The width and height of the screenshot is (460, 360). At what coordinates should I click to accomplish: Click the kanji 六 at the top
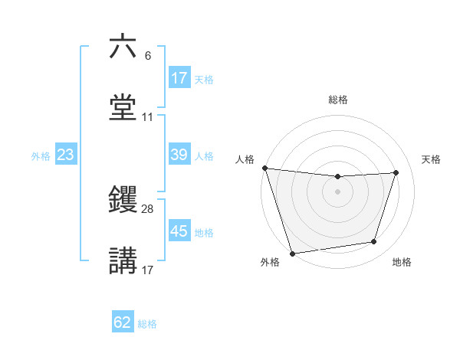point(123,47)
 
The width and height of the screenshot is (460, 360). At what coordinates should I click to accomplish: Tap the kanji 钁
point(123,201)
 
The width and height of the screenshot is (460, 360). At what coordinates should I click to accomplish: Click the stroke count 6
point(147,56)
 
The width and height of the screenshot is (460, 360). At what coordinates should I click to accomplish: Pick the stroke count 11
point(147,117)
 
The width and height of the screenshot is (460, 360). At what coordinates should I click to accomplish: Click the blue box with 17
point(179,78)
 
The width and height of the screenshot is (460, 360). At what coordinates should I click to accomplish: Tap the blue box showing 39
point(179,155)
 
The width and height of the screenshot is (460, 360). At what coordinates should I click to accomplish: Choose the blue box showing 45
point(179,231)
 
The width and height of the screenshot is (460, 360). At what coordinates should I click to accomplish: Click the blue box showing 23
point(66,155)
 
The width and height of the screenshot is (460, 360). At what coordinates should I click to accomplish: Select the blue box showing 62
point(123,322)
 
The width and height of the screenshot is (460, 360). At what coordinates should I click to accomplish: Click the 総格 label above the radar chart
point(337,100)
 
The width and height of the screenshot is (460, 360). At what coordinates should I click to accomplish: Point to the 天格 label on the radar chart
point(432,159)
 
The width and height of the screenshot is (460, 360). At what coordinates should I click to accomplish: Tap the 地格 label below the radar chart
point(402,262)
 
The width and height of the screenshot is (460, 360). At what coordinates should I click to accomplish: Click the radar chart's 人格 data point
point(264,168)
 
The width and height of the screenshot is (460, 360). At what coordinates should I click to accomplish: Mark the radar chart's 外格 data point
point(292,253)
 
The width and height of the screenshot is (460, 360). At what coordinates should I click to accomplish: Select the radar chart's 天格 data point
point(396,173)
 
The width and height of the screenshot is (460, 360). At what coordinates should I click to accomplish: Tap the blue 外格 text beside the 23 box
point(41,155)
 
